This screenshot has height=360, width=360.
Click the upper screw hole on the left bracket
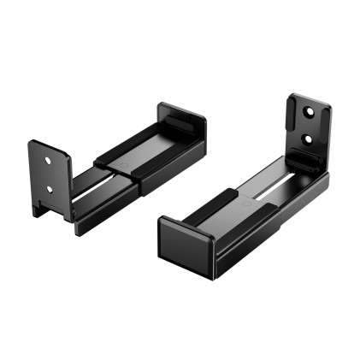pyautogui.click(x=50, y=158)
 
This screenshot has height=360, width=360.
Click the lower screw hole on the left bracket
pyautogui.click(x=49, y=188)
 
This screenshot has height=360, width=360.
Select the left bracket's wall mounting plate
pyautogui.click(x=50, y=175)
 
